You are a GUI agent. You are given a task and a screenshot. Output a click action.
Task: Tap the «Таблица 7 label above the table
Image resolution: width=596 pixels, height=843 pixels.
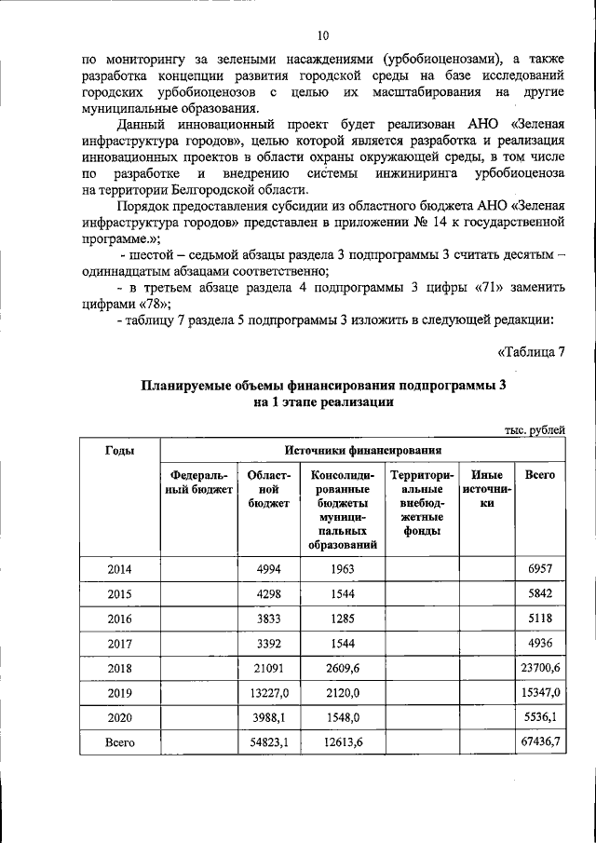point(532,351)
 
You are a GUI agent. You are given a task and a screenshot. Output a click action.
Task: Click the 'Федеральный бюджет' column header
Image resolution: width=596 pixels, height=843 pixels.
point(199,482)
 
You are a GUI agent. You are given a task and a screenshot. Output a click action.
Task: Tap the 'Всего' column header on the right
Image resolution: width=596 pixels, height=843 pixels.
point(540,475)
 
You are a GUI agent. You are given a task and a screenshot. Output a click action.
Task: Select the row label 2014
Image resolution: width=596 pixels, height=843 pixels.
point(119,567)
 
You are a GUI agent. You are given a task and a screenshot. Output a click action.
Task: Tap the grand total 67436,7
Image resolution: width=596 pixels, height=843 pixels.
point(540,742)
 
